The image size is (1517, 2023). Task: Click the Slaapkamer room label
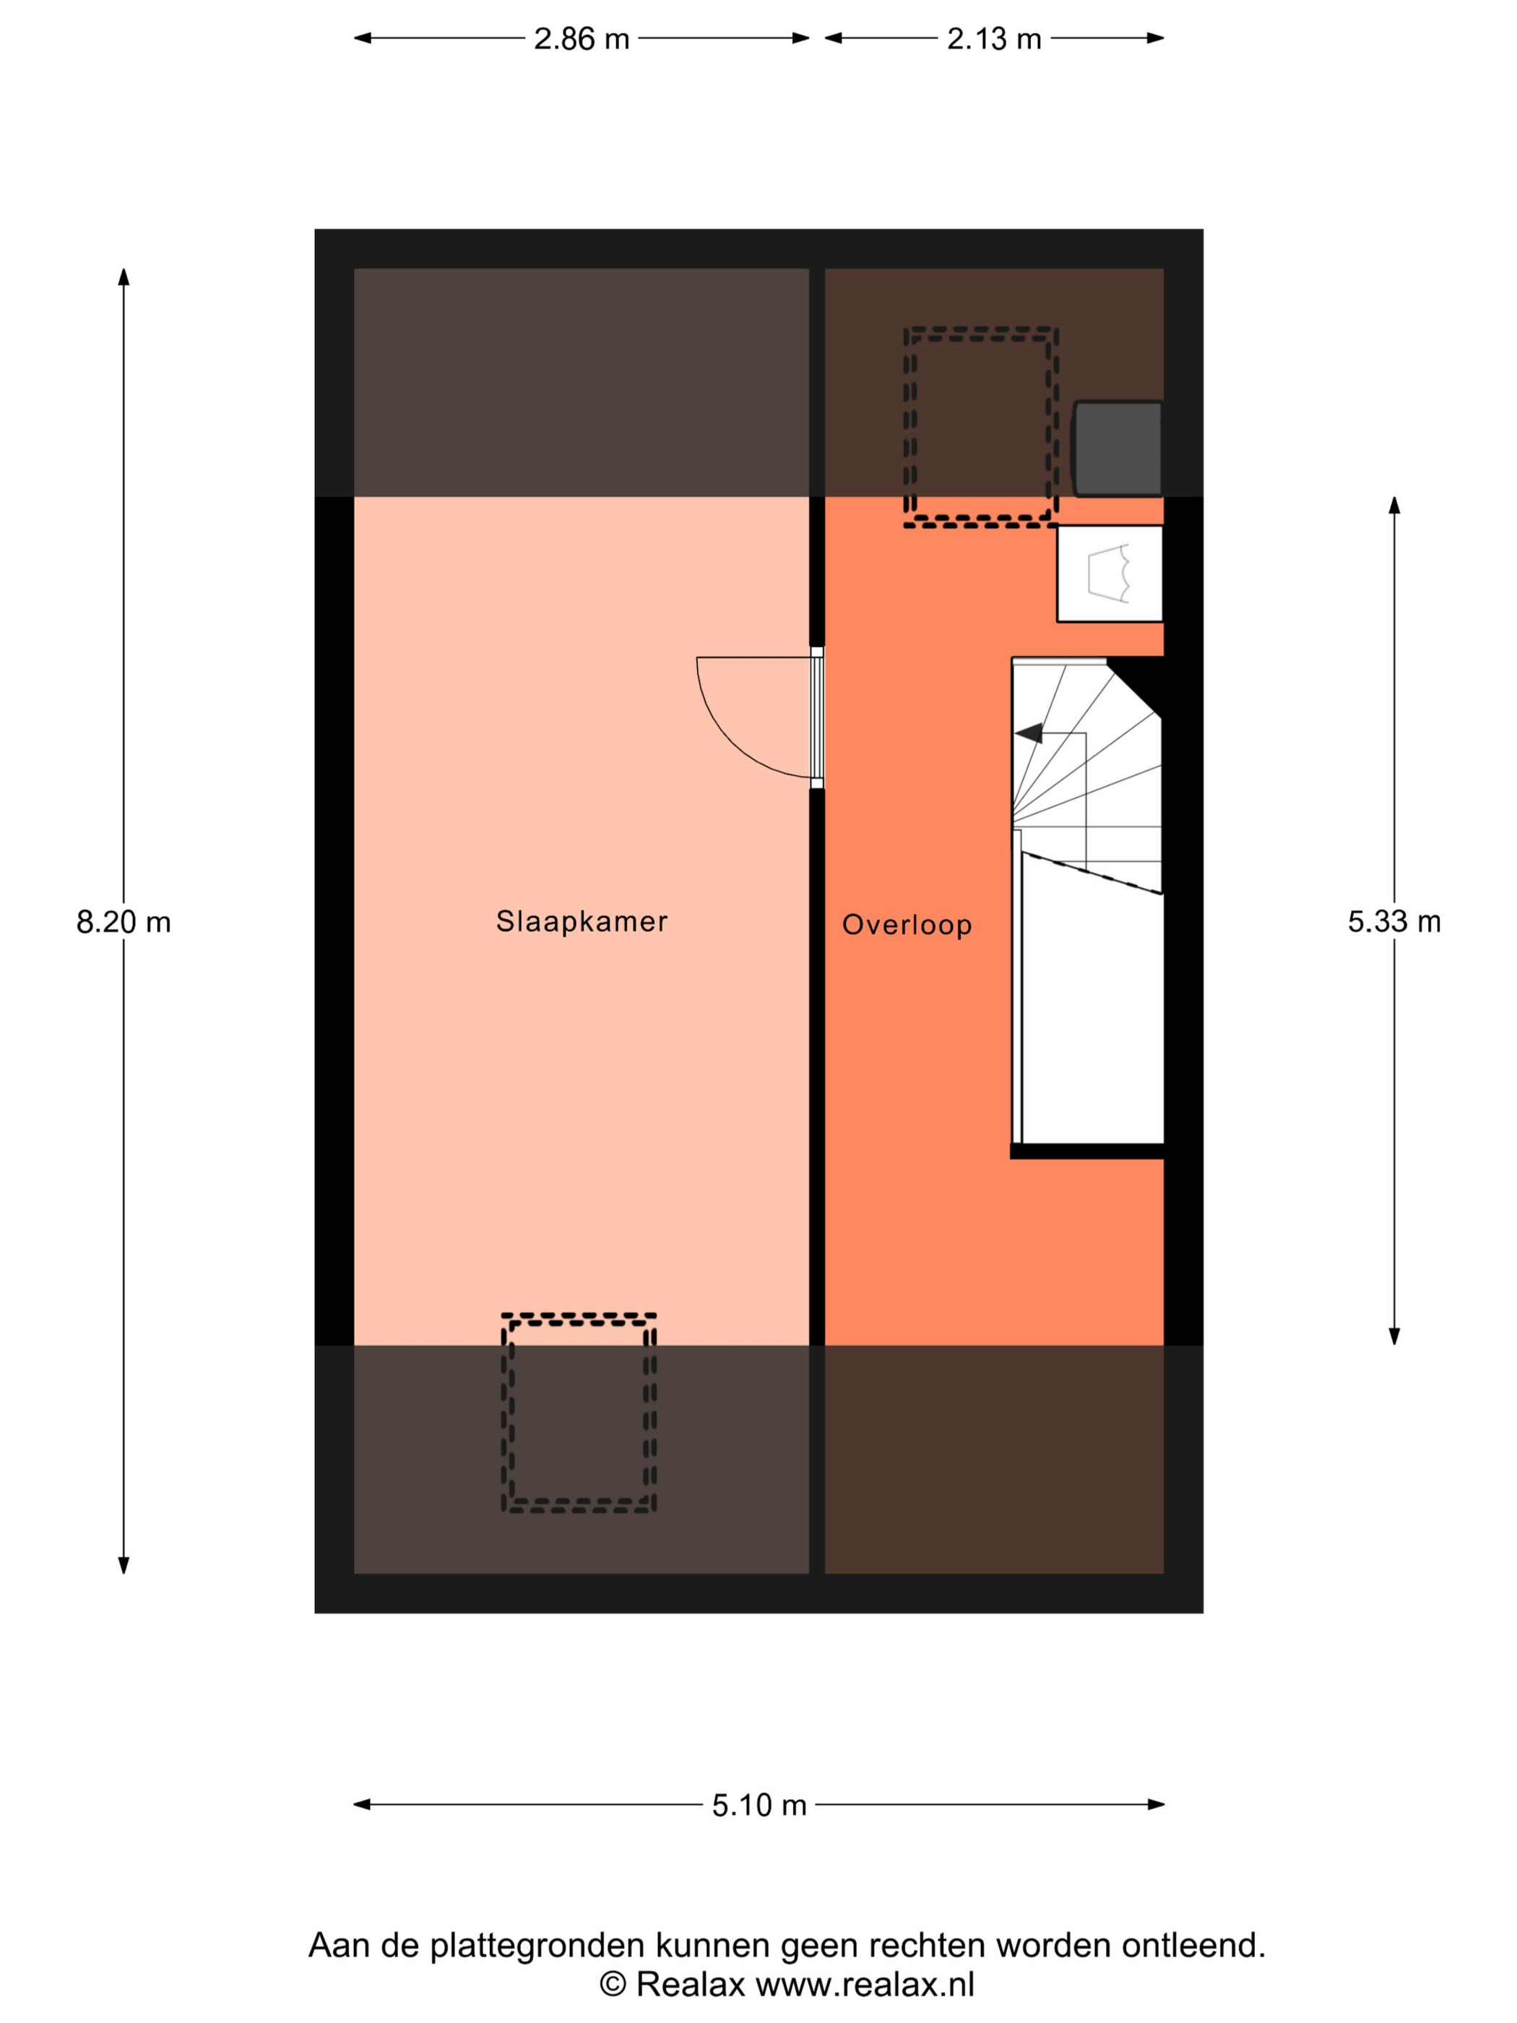582,921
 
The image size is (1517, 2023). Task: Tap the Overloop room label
906,925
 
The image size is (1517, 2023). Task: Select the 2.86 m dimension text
582,38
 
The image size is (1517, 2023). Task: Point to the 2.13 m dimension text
994,38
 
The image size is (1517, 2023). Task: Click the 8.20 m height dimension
124,921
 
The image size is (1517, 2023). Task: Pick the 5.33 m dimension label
1393,921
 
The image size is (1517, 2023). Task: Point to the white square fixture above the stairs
1109,574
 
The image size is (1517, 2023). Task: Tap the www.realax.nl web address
865,1984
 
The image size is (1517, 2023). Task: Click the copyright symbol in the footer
613,1985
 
